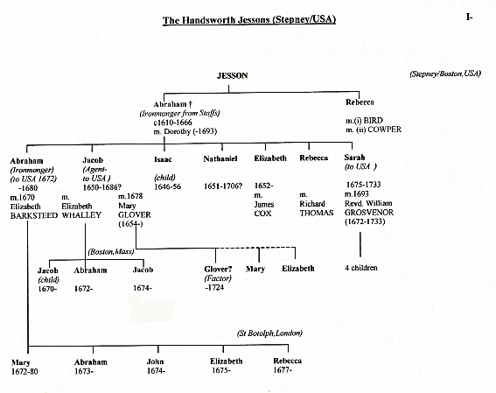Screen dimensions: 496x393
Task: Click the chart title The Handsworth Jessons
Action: (x=249, y=20)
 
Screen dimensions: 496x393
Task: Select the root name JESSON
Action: (x=232, y=75)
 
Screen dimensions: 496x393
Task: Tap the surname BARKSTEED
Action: (x=34, y=216)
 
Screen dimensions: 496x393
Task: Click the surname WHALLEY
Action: (x=81, y=215)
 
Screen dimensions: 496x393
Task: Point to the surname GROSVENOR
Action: (x=369, y=213)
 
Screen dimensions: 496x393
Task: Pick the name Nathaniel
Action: (x=220, y=158)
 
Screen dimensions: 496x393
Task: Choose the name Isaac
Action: (x=163, y=159)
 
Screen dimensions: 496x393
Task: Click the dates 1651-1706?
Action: (x=223, y=186)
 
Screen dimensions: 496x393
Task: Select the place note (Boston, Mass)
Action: (x=111, y=252)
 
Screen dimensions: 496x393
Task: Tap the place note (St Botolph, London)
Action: (x=269, y=333)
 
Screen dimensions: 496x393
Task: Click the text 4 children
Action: (x=361, y=268)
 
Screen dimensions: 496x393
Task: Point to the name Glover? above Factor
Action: (x=218, y=270)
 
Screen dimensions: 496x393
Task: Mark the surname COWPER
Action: (x=384, y=130)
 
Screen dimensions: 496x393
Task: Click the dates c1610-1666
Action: (x=172, y=123)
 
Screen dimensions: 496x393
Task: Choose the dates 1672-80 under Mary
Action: (x=24, y=371)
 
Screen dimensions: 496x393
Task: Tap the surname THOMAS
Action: (x=317, y=213)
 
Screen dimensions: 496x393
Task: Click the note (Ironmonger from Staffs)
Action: (x=179, y=113)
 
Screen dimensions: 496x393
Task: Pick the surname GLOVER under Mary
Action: (x=135, y=214)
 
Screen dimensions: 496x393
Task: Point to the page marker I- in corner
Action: (x=469, y=18)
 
